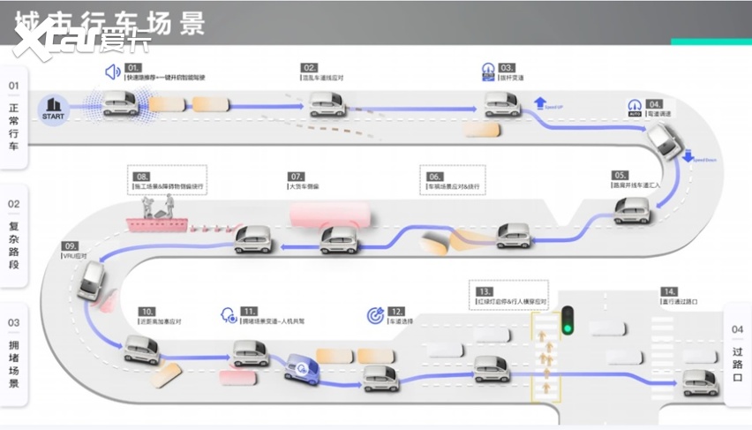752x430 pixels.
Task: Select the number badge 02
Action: [x=309, y=68]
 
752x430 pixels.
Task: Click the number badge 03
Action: [x=507, y=68]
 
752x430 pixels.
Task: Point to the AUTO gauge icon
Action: [x=634, y=107]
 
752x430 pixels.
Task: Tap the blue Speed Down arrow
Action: [x=688, y=156]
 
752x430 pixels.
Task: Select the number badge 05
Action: [x=620, y=176]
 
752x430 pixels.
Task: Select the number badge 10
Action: [x=147, y=311]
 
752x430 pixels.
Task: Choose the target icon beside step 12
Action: [x=374, y=314]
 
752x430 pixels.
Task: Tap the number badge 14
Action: [x=671, y=291]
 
